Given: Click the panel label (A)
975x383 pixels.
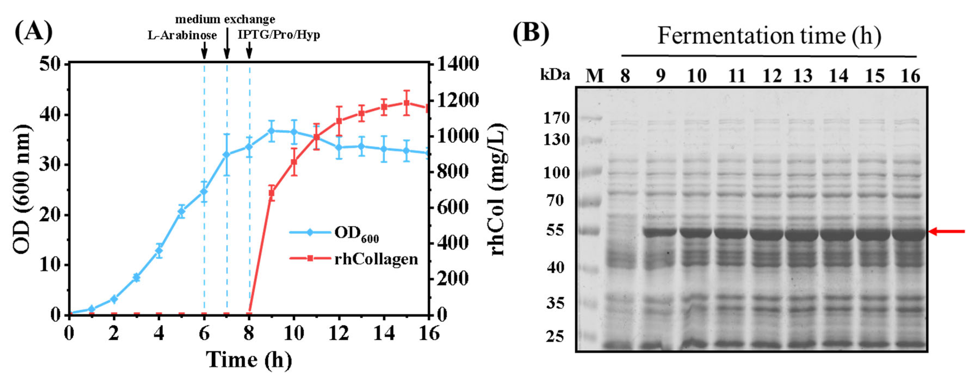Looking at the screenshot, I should coord(33,32).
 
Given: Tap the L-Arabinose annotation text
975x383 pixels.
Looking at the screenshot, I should coord(182,36).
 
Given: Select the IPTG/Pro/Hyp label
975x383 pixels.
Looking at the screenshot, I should coord(279,35).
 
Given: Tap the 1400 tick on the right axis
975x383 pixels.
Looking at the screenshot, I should coord(458,64).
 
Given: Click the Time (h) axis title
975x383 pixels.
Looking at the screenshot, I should coord(249,360).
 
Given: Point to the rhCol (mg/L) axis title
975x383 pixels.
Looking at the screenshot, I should coord(497,189).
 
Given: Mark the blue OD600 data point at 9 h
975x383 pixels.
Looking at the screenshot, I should coord(271,131).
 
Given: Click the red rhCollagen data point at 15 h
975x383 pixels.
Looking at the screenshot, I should coord(406,103).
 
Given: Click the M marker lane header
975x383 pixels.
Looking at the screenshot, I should coord(594,76).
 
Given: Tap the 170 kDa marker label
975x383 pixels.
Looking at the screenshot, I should coord(556,118).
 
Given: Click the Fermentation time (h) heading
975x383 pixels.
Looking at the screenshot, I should coord(769,36).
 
